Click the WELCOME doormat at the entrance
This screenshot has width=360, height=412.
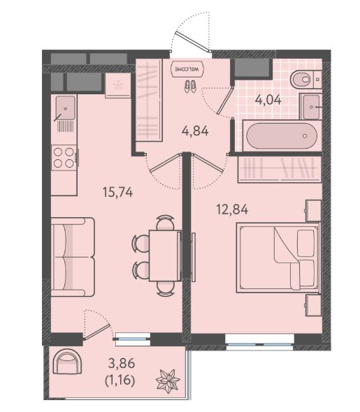pyautogui.click(x=187, y=69)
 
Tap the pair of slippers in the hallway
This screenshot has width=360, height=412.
pyautogui.click(x=190, y=87)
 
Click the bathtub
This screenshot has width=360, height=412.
pyautogui.click(x=282, y=136)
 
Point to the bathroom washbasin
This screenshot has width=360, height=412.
pyautogui.click(x=311, y=107)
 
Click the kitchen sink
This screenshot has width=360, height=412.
pyautogui.click(x=65, y=108)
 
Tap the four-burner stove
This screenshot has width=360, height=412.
pyautogui.click(x=64, y=158)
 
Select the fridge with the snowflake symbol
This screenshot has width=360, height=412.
pyautogui.click(x=118, y=85)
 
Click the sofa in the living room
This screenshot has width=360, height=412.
pyautogui.click(x=73, y=257)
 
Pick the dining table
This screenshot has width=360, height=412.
pyautogui.click(x=165, y=256)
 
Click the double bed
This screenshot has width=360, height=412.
pyautogui.click(x=278, y=257)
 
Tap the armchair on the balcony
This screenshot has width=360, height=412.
pyautogui.click(x=67, y=362)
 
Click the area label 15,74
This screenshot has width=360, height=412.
pyautogui.click(x=118, y=192)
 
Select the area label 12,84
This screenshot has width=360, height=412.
pyautogui.click(x=232, y=209)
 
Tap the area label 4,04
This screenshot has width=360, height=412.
pyautogui.click(x=268, y=100)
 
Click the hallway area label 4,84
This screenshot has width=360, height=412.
pyautogui.click(x=195, y=131)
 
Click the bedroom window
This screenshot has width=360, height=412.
pyautogui.click(x=260, y=342)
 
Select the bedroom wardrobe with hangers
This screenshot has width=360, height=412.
pyautogui.click(x=280, y=169)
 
